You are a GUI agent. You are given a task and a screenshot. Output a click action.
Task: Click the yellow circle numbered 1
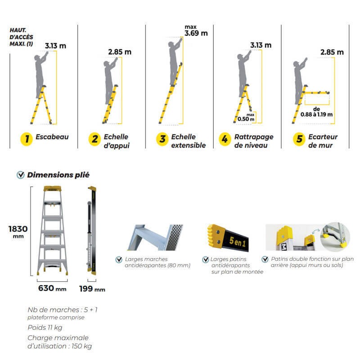coord(27,139)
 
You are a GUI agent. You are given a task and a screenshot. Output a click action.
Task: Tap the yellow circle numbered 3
coord(162,139)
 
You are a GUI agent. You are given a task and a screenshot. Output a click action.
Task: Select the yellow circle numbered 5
coord(299,139)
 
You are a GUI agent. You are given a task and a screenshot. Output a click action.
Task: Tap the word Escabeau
coord(52,137)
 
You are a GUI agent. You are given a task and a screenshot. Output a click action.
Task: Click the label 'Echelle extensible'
coord(189,141)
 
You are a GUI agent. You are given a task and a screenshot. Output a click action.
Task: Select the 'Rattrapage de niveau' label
coord(254,141)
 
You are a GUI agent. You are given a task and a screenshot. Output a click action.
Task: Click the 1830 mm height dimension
coord(18,232)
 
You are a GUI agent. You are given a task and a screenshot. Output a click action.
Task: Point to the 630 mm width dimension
coord(52,288)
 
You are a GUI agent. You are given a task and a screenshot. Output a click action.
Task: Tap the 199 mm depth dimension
coord(92,289)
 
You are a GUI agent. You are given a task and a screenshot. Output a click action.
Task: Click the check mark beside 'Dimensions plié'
coord(21,175)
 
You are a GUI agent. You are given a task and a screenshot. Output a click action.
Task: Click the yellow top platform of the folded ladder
coord(53,189)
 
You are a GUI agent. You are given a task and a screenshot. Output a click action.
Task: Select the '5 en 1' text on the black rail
coord(238,242)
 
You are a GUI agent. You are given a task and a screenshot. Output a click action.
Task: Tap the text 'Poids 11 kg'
coord(45,328)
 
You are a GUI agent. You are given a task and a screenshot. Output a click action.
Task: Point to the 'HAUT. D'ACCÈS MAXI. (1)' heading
coord(21,37)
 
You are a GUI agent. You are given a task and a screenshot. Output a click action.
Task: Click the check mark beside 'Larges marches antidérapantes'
coord(119,260)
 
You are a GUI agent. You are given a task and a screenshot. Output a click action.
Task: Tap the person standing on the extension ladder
coord(175,62)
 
